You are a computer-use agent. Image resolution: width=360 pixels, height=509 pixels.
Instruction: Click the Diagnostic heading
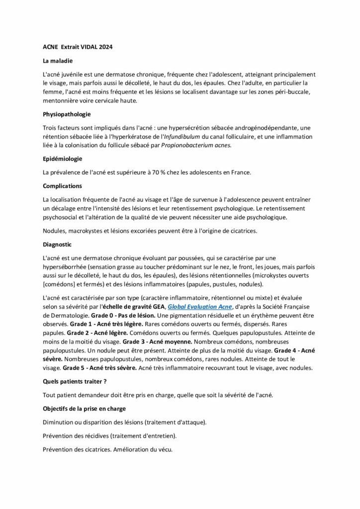(x=57, y=245)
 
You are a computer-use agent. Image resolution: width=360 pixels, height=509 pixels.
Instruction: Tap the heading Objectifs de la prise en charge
(x=85, y=409)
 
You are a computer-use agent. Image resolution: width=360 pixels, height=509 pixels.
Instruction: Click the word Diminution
(x=61, y=422)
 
